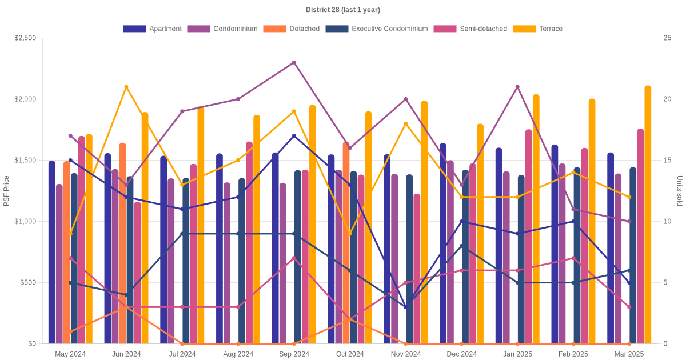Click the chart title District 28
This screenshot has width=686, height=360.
[342, 10]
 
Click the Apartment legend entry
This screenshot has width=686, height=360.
[152, 29]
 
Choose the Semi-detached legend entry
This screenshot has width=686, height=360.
[470, 29]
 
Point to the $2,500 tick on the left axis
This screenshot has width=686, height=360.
[25, 38]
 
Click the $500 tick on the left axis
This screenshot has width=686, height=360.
[27, 283]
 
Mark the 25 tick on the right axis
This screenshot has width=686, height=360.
[667, 38]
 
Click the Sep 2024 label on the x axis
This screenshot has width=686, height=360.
[294, 354]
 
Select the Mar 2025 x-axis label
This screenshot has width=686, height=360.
[629, 354]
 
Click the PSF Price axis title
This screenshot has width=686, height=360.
[7, 191]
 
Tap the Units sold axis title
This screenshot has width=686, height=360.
[680, 191]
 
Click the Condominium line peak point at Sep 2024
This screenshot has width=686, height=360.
[294, 62]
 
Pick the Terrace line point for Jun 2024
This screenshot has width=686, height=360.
[126, 87]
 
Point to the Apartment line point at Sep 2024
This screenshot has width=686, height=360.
[294, 136]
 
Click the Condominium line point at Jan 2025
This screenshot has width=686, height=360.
[517, 87]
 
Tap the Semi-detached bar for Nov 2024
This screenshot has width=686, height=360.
[417, 269]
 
